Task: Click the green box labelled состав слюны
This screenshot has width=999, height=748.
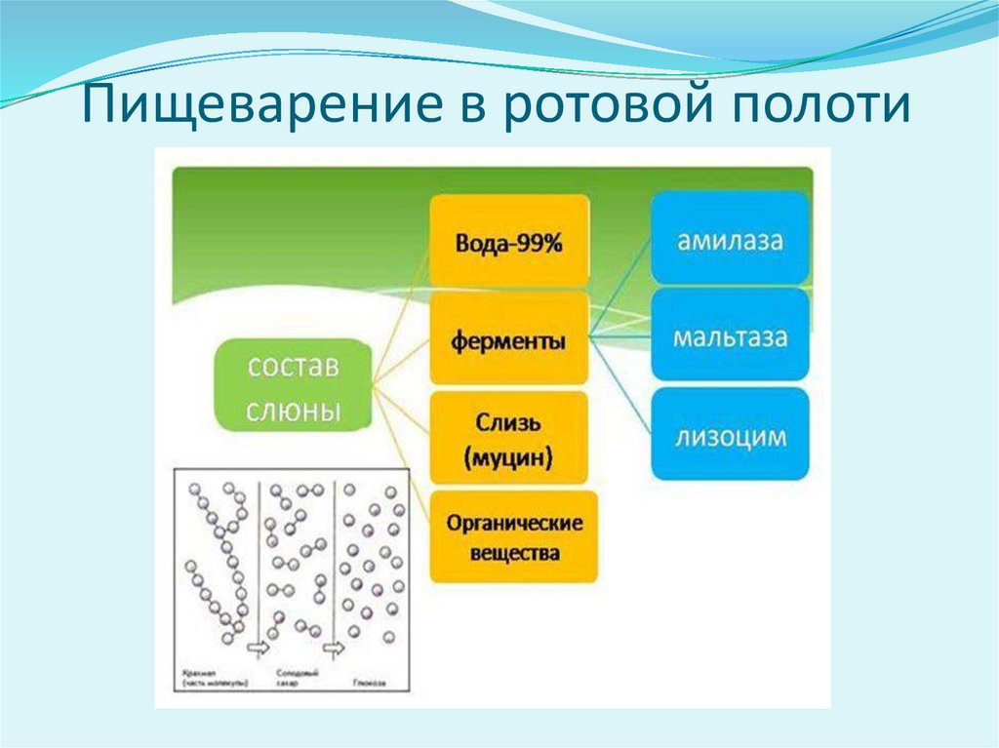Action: pyautogui.click(x=293, y=386)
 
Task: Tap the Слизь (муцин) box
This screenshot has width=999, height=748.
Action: pyautogui.click(x=508, y=438)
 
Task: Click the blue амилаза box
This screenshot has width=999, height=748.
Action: pyautogui.click(x=730, y=239)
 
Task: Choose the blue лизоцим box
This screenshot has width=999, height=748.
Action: pyautogui.click(x=730, y=435)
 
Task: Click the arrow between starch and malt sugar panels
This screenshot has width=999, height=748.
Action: pyautogui.click(x=259, y=647)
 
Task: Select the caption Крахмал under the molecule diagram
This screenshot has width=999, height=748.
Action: pyautogui.click(x=198, y=672)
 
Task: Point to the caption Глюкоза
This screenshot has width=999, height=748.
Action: pyautogui.click(x=370, y=673)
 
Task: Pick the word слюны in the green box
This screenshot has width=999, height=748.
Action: pyautogui.click(x=293, y=409)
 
